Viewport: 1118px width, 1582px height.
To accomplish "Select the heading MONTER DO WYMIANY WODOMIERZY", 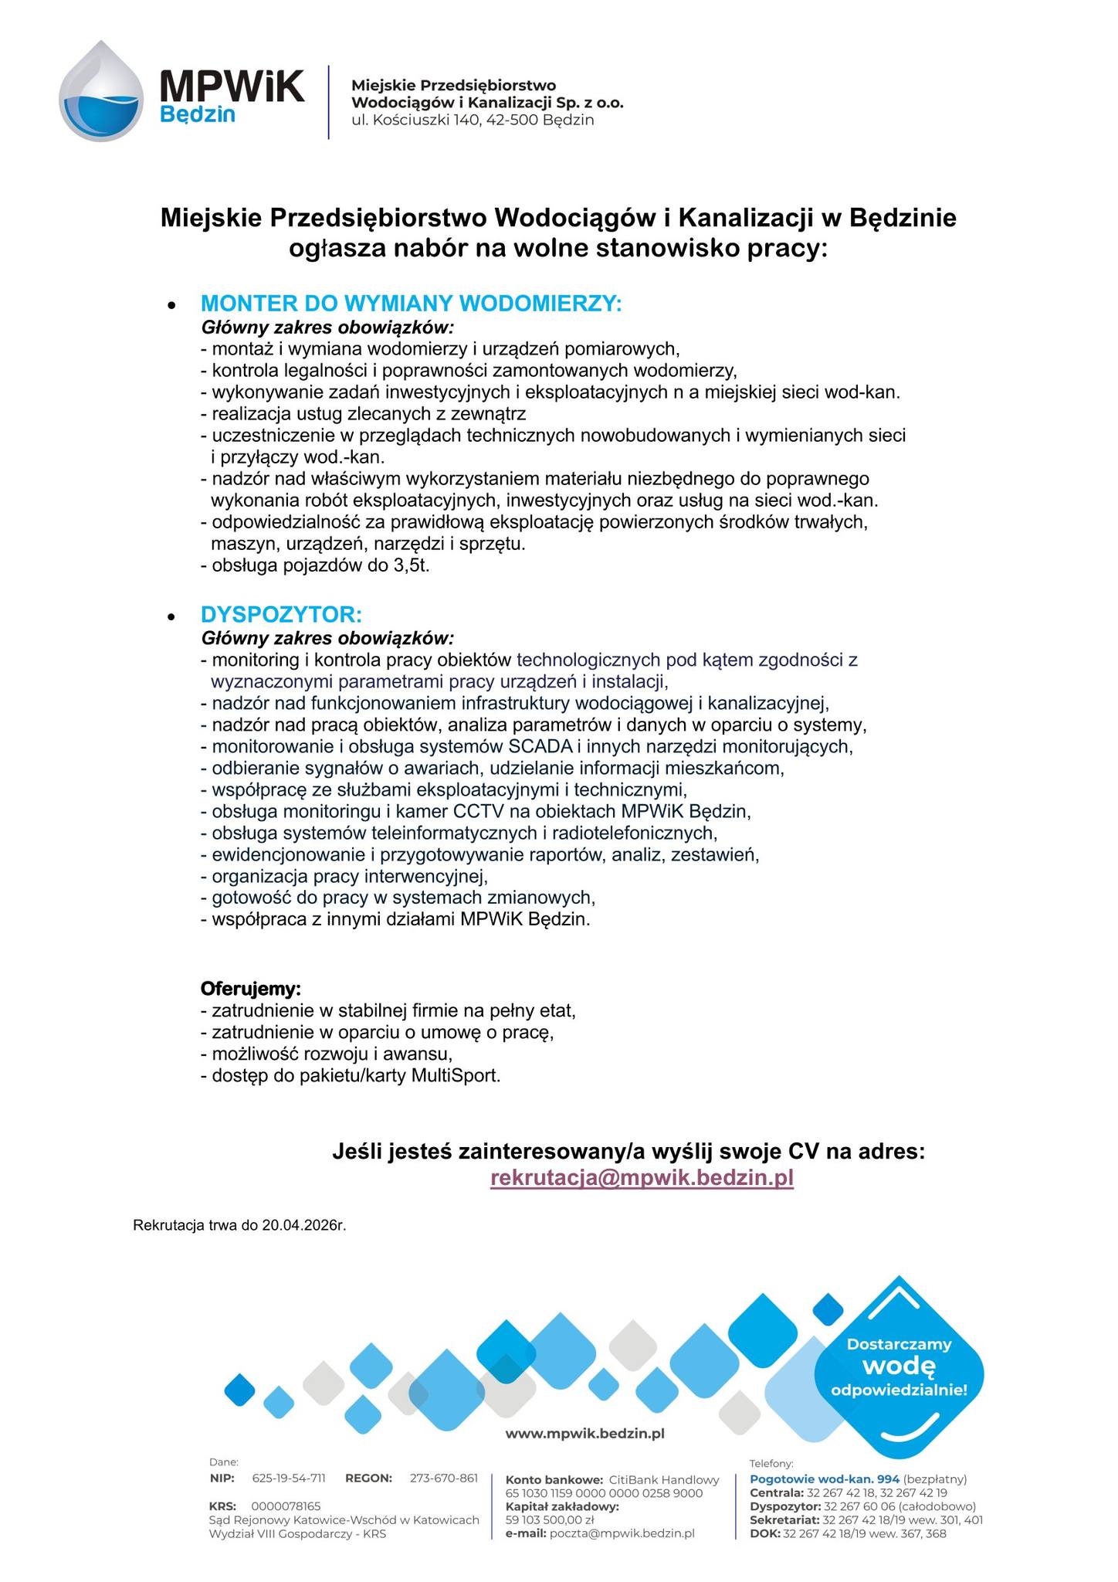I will tap(411, 303).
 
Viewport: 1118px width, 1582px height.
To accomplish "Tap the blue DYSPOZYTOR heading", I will tap(281, 615).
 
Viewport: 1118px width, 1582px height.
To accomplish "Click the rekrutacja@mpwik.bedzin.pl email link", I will tap(642, 1178).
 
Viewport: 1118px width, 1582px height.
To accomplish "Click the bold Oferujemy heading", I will tap(251, 989).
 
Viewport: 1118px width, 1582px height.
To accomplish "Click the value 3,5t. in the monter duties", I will tap(411, 565).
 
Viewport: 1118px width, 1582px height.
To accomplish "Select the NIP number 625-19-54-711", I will tap(289, 1478).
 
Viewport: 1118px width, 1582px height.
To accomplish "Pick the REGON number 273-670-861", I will tap(444, 1478).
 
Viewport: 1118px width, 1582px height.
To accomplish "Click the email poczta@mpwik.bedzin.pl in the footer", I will tap(622, 1533).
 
